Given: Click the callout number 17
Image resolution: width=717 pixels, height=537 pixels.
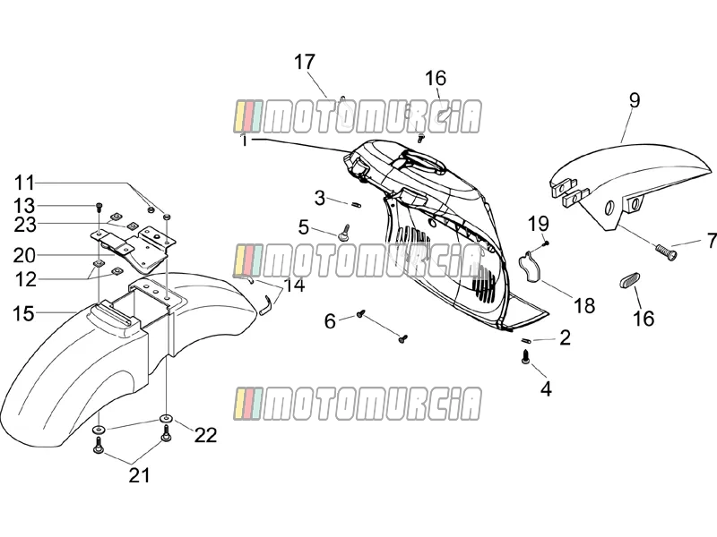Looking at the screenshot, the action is pyautogui.click(x=305, y=62).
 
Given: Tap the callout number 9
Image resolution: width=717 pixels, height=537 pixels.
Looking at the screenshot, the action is pyautogui.click(x=635, y=100).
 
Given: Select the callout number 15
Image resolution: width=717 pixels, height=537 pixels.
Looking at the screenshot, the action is pyautogui.click(x=23, y=314).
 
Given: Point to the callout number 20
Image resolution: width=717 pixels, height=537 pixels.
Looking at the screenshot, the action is pyautogui.click(x=24, y=256).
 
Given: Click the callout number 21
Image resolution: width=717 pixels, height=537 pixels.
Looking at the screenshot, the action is pyautogui.click(x=139, y=475).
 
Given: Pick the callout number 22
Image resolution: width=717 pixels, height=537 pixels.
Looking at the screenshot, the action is pyautogui.click(x=205, y=435).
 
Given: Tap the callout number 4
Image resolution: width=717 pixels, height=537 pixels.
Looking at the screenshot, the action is pyautogui.click(x=546, y=389).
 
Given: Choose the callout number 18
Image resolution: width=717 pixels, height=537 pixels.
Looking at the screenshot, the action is pyautogui.click(x=584, y=305).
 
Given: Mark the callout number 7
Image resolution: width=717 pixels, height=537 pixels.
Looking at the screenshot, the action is pyautogui.click(x=711, y=241).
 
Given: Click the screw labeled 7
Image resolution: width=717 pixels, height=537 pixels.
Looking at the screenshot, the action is pyautogui.click(x=665, y=252).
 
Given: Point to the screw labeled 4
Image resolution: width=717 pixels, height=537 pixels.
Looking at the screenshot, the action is pyautogui.click(x=525, y=356).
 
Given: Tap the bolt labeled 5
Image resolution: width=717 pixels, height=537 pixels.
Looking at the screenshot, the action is pyautogui.click(x=344, y=232).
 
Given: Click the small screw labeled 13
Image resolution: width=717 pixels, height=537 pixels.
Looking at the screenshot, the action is pyautogui.click(x=99, y=207).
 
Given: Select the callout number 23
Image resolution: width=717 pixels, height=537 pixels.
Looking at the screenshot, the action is pyautogui.click(x=25, y=225).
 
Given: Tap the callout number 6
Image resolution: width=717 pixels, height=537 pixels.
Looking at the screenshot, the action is pyautogui.click(x=330, y=321).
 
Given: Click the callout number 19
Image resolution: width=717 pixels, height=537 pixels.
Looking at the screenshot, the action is pyautogui.click(x=539, y=225).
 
